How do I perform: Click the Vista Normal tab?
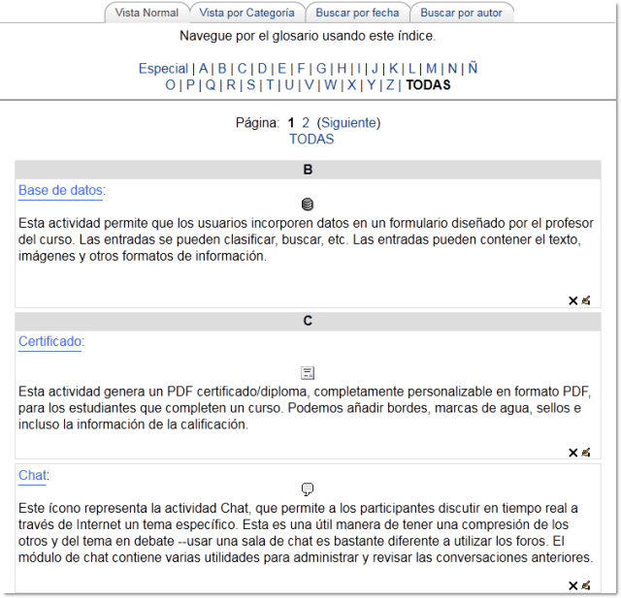(x=147, y=13)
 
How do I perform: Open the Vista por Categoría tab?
(x=246, y=13)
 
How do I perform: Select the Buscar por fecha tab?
(x=357, y=13)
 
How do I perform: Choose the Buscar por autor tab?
(x=462, y=13)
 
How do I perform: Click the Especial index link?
(x=163, y=69)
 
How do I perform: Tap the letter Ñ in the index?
(x=473, y=69)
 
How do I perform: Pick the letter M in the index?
(x=431, y=69)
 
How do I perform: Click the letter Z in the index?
(x=390, y=84)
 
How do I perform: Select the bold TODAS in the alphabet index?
(x=428, y=84)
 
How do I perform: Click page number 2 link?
(x=306, y=123)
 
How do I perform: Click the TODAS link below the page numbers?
(x=310, y=139)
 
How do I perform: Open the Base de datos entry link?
(x=60, y=190)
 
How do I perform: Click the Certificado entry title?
(x=50, y=341)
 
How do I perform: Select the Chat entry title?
(x=32, y=475)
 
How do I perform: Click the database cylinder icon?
(x=308, y=205)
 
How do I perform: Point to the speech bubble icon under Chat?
(x=308, y=489)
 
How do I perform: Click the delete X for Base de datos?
(x=572, y=300)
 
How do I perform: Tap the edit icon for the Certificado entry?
(x=586, y=452)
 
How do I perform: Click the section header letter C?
(x=308, y=320)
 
